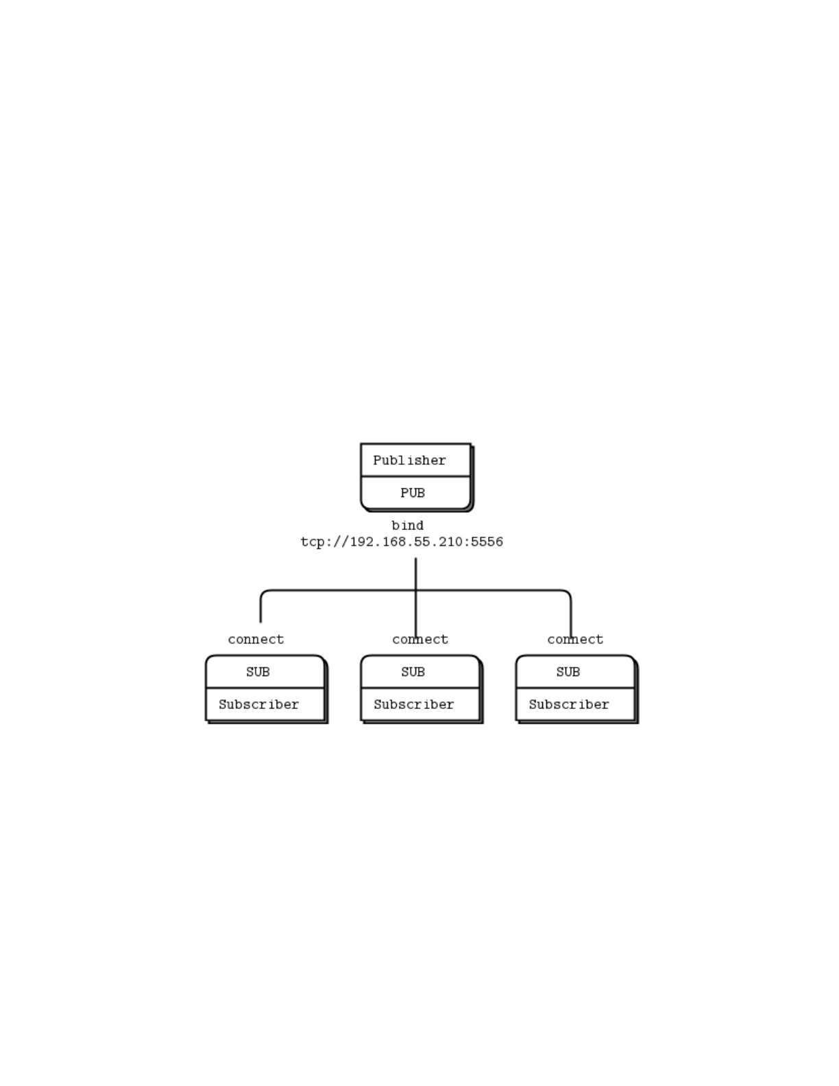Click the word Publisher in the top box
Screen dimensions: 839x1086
[x=409, y=461]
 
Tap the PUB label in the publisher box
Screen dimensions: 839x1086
[x=413, y=493]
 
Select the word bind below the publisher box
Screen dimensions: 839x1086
[x=407, y=526]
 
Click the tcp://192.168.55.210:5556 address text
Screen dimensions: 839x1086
[x=402, y=542]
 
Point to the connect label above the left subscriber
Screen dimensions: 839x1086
[x=256, y=640]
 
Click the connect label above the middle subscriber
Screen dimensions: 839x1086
[x=420, y=640]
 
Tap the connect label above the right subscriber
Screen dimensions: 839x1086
[x=575, y=640]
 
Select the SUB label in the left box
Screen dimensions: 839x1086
[x=258, y=673]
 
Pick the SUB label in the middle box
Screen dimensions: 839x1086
[x=413, y=673]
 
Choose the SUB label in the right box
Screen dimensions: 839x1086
[x=568, y=673]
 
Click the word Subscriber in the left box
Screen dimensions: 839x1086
[x=258, y=705]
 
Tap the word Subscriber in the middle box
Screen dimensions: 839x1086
[x=413, y=705]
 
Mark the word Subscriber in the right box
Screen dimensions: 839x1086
[x=568, y=705]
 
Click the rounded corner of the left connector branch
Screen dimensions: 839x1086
[x=263, y=593]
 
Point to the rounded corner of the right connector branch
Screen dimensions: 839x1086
[x=568, y=593]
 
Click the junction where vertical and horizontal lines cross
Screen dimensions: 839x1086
[x=415, y=590]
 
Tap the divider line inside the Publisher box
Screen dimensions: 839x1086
[x=415, y=476]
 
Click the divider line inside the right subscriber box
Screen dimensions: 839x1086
[x=575, y=688]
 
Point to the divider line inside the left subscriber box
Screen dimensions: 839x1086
[x=265, y=688]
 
